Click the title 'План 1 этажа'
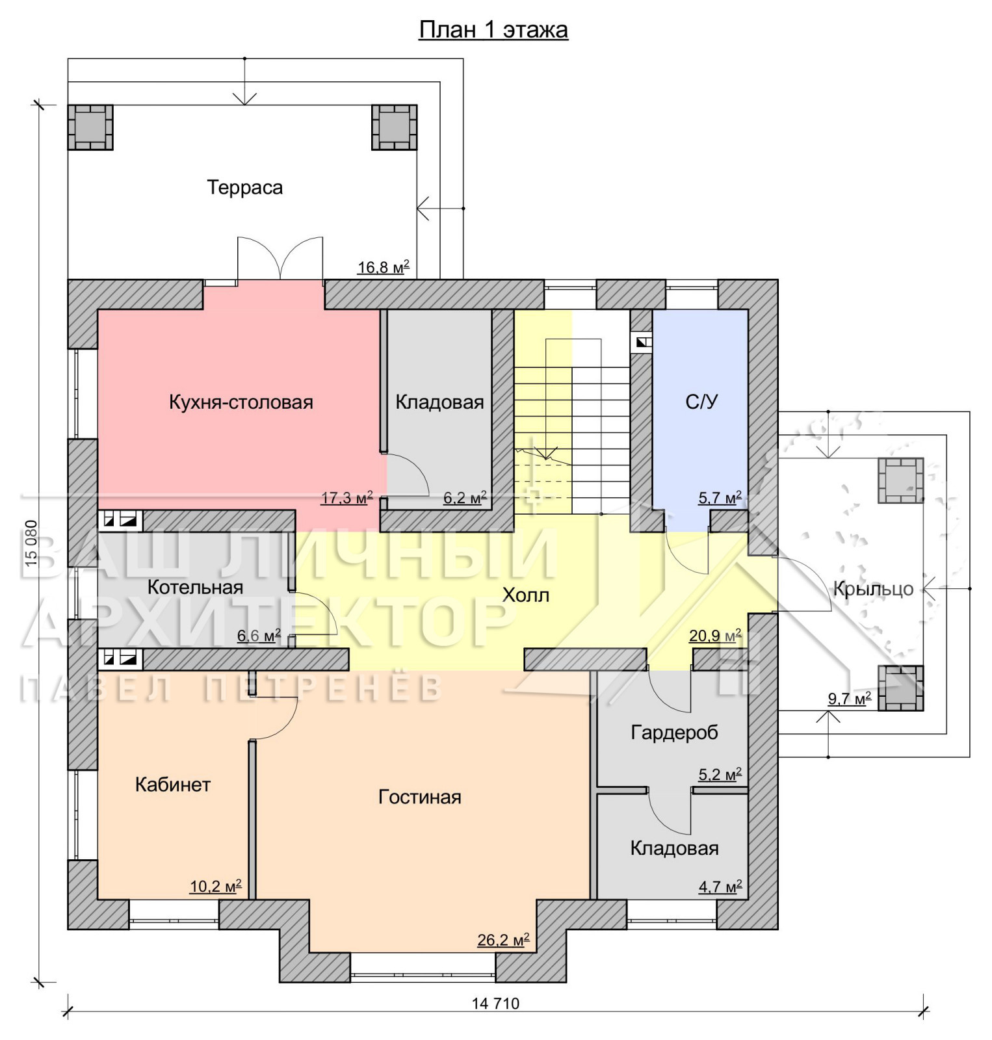coord(493,30)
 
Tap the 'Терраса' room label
coord(245,188)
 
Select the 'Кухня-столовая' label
coord(241,402)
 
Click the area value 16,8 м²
coord(384,266)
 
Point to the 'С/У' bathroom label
coord(701,402)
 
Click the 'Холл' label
coord(526,595)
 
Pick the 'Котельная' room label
coord(195,588)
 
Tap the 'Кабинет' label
coord(173,785)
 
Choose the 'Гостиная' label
coord(420,797)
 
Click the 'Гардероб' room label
coord(675,733)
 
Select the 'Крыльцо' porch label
coord(874,589)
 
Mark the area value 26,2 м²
coord(503,940)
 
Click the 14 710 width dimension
coord(495,1004)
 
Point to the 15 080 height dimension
coord(31,543)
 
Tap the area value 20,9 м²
coord(715,636)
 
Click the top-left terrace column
coord(90,127)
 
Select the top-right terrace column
coord(394,127)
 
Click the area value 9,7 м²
coord(849,699)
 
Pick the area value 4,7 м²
coord(720,887)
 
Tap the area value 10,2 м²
coord(216,887)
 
